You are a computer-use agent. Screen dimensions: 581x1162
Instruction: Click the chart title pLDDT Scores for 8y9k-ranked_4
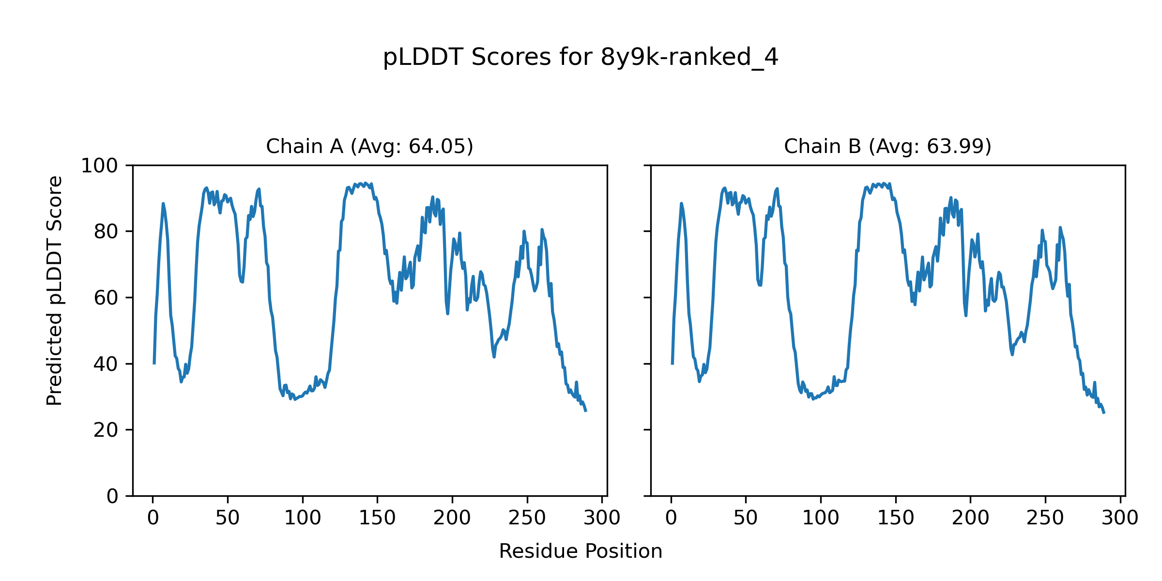(581, 58)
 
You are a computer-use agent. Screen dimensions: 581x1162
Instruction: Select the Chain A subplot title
(369, 146)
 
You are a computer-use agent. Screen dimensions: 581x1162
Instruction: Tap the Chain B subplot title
(887, 146)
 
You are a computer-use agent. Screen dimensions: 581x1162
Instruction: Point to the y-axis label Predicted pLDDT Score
(54, 290)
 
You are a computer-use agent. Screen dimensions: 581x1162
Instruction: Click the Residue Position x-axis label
(581, 551)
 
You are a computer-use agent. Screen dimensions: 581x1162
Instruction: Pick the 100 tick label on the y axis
(99, 166)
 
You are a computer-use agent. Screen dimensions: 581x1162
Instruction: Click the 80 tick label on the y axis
(106, 232)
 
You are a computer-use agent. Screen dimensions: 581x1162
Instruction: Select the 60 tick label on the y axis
(106, 298)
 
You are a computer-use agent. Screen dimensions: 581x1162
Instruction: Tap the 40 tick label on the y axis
(106, 364)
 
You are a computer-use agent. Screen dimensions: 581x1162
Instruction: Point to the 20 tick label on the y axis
(106, 430)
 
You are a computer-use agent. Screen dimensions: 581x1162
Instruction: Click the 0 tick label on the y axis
(112, 496)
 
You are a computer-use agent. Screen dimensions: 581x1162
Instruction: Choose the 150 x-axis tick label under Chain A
(377, 519)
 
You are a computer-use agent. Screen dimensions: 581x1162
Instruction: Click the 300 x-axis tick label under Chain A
(602, 519)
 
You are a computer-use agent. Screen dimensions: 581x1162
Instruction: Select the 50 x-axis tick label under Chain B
(746, 519)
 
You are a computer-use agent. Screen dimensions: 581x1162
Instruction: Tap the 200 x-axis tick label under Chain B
(970, 519)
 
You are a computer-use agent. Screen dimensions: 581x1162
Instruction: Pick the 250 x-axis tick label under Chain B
(1045, 519)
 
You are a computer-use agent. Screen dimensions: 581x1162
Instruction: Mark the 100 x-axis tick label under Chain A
(303, 519)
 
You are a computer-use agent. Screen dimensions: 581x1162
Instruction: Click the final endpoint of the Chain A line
(586, 411)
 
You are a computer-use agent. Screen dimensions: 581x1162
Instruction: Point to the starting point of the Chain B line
(672, 364)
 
